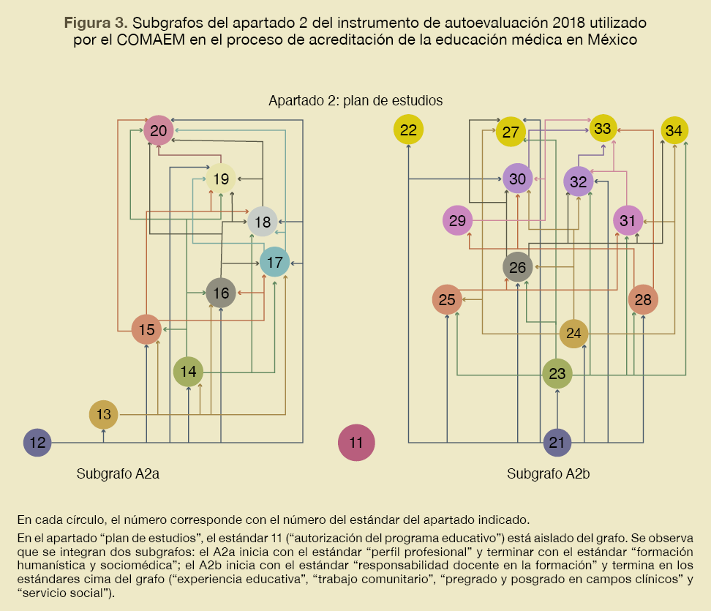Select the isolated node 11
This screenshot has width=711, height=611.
click(356, 442)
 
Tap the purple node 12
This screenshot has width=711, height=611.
click(38, 442)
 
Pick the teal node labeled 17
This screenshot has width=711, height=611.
click(275, 262)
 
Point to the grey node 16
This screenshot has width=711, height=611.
click(220, 293)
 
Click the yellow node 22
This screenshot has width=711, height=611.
click(409, 130)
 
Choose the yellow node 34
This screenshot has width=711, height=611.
click(674, 130)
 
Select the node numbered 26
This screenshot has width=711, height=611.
click(518, 267)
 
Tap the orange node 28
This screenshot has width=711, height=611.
click(643, 299)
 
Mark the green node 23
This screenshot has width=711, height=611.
click(557, 374)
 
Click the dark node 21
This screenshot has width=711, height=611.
click(557, 442)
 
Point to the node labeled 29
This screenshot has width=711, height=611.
click(458, 220)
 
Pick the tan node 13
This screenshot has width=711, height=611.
click(104, 415)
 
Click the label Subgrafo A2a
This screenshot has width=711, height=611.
click(118, 473)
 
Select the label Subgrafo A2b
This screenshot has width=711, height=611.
click(549, 473)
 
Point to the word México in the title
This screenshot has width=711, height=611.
click(612, 40)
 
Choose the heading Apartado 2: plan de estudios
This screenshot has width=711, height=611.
click(355, 100)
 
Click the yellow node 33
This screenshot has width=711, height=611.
click(603, 128)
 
